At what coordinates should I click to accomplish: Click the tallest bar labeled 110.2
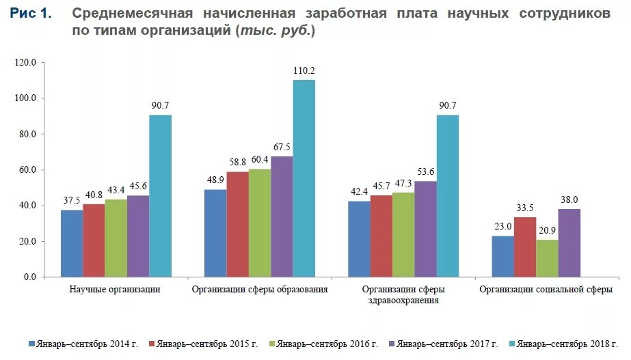(x=304, y=178)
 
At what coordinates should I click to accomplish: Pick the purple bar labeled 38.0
(x=569, y=243)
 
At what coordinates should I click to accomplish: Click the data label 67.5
(x=282, y=147)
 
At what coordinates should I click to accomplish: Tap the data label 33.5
(x=524, y=208)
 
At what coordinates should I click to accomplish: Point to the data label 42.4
(x=358, y=192)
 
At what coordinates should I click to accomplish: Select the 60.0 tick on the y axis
(x=27, y=170)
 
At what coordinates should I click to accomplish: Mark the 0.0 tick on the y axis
(x=30, y=277)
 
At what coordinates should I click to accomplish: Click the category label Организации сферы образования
(x=259, y=290)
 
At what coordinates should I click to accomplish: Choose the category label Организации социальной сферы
(x=546, y=290)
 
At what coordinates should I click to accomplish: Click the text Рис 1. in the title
(x=30, y=14)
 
